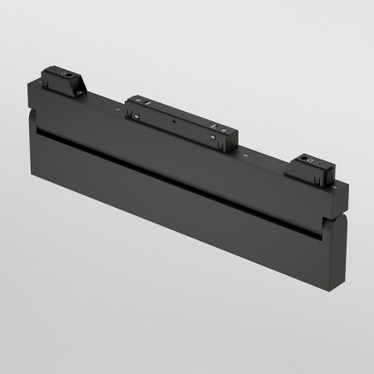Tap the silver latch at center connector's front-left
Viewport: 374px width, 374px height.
pyautogui.click(x=135, y=117)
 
